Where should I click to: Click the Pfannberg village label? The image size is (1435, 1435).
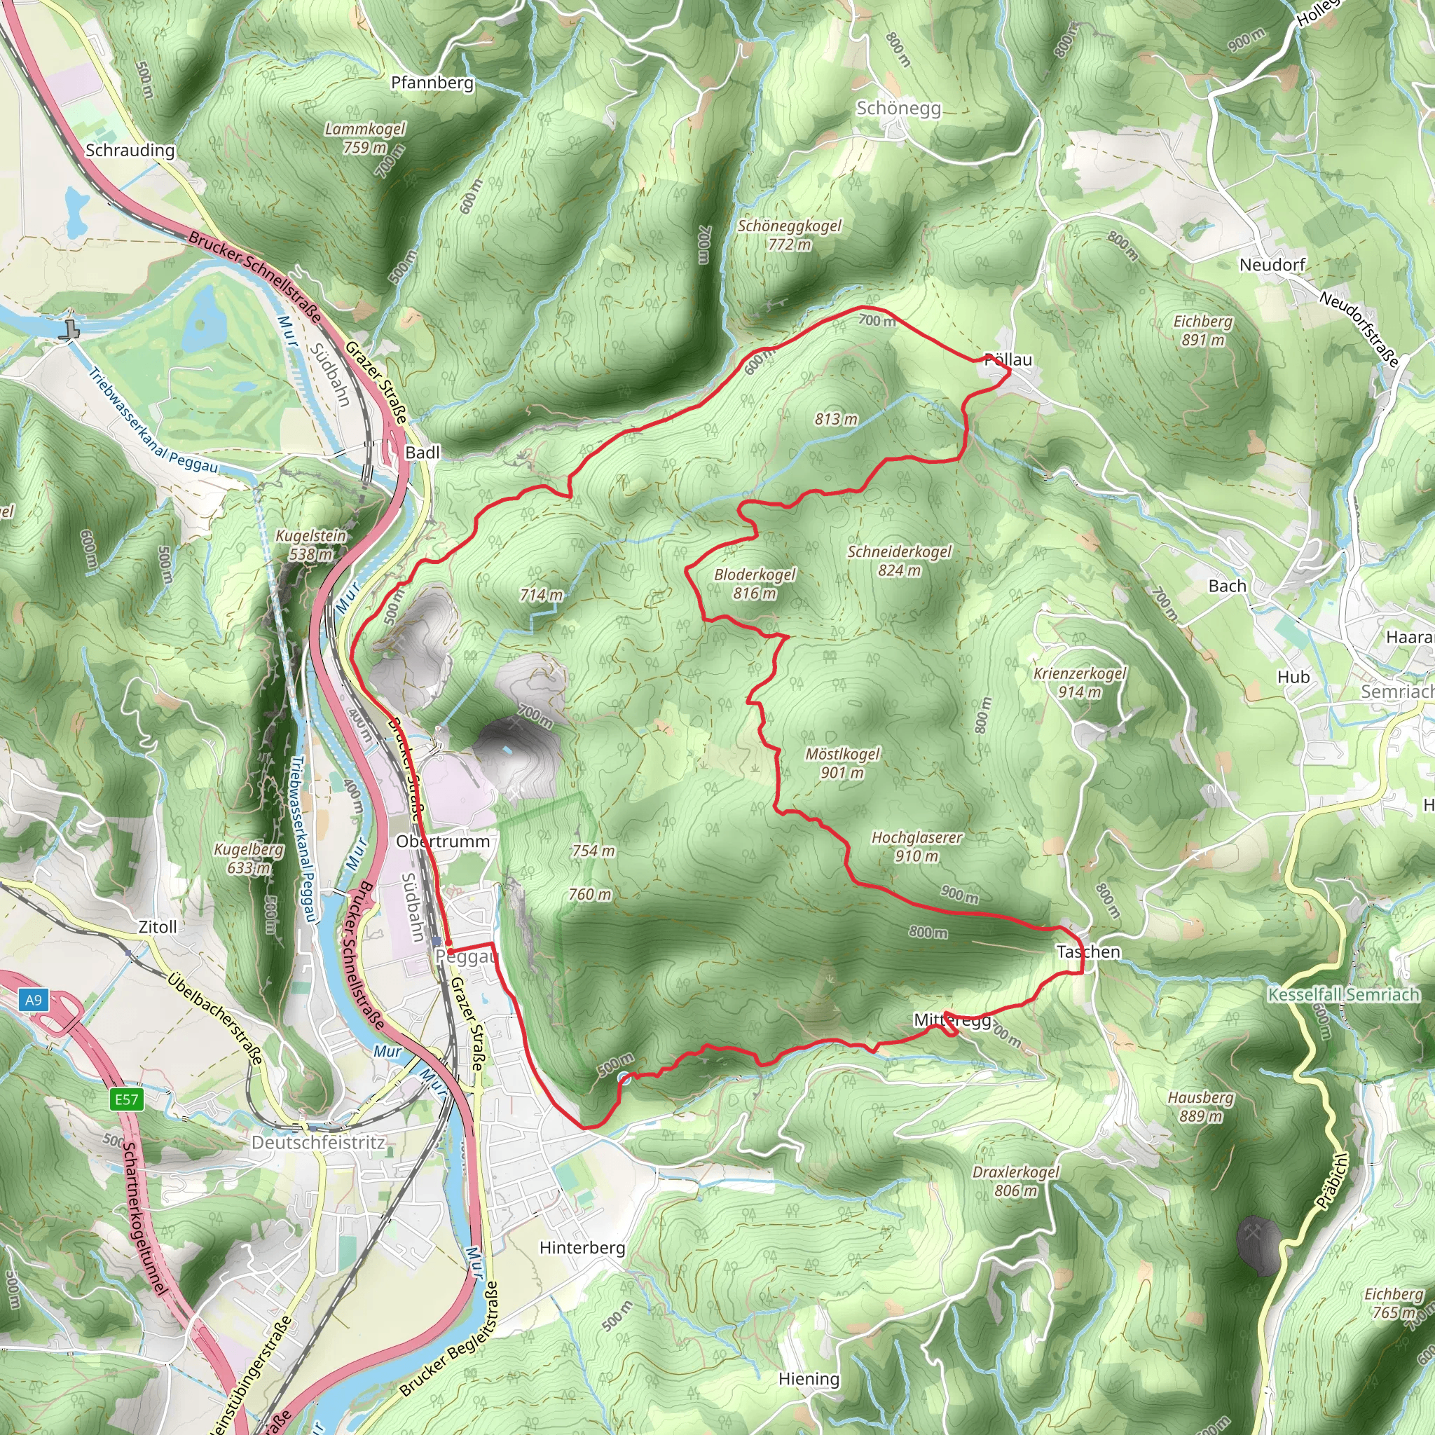(432, 83)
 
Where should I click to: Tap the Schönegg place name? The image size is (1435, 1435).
(898, 109)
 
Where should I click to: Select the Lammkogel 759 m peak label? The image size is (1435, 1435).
(364, 138)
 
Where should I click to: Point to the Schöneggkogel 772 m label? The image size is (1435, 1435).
(789, 235)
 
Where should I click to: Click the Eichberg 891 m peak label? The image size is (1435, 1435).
(1202, 331)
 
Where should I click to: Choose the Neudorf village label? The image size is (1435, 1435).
(1272, 265)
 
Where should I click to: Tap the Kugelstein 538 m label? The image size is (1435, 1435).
(310, 544)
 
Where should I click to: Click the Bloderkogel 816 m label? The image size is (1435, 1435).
(754, 584)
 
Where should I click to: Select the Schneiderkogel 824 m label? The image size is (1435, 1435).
(899, 561)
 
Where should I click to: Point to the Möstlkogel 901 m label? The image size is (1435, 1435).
(842, 764)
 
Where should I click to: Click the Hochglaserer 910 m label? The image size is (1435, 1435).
(916, 846)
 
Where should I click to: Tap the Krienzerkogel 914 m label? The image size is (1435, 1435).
(1079, 682)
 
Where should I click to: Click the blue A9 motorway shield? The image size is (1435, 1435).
(34, 1000)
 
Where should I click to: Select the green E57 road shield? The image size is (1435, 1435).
(126, 1099)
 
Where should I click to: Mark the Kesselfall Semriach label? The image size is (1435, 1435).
(1343, 994)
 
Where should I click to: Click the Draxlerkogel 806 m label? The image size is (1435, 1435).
(1015, 1181)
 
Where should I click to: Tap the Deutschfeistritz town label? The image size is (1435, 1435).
(318, 1142)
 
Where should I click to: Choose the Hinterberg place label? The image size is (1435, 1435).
(582, 1247)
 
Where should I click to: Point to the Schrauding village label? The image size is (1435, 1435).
(130, 150)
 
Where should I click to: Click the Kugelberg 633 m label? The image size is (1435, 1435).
(248, 858)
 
